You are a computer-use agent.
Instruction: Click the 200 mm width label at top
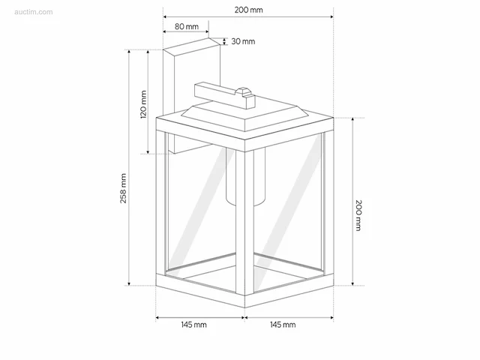(248, 10)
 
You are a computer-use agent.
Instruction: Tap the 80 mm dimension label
(187, 27)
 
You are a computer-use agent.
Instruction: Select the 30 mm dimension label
(243, 41)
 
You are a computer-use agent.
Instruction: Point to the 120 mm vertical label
(144, 104)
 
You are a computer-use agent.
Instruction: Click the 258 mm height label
(123, 188)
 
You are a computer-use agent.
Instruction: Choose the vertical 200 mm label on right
(358, 215)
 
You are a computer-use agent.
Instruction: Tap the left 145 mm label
(193, 325)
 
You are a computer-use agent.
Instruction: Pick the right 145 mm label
(283, 325)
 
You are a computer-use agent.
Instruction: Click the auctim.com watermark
(34, 12)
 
